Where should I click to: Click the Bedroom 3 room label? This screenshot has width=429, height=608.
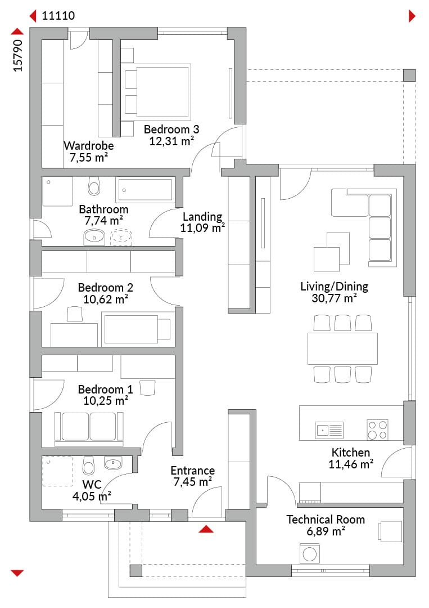[x=171, y=129]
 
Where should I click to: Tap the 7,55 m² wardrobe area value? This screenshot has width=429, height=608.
[x=89, y=158]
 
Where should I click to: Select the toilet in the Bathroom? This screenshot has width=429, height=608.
[x=94, y=186]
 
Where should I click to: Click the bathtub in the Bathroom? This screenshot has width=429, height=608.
[x=145, y=190]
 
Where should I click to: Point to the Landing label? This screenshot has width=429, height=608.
[x=202, y=216]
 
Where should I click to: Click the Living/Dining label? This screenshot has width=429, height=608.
[x=334, y=287]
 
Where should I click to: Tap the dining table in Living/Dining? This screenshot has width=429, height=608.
[x=342, y=348]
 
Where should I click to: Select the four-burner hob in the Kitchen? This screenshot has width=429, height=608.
[x=377, y=430]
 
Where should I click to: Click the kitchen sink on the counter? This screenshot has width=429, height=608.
[x=329, y=430]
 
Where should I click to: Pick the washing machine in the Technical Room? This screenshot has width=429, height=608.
[x=310, y=553]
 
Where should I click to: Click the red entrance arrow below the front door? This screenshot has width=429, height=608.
[x=206, y=529]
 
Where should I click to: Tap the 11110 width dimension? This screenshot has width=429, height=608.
[x=58, y=16]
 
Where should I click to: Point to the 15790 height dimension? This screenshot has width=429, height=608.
[x=18, y=55]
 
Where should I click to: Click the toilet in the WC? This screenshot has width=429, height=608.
[x=89, y=466]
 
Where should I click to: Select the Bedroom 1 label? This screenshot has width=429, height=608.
[x=105, y=390]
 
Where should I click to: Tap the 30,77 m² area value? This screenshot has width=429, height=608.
[x=334, y=298]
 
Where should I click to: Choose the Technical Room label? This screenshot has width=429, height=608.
[x=326, y=520]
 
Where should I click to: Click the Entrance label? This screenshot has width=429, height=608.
[x=193, y=470]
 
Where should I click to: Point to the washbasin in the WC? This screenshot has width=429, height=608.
[x=113, y=463]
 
